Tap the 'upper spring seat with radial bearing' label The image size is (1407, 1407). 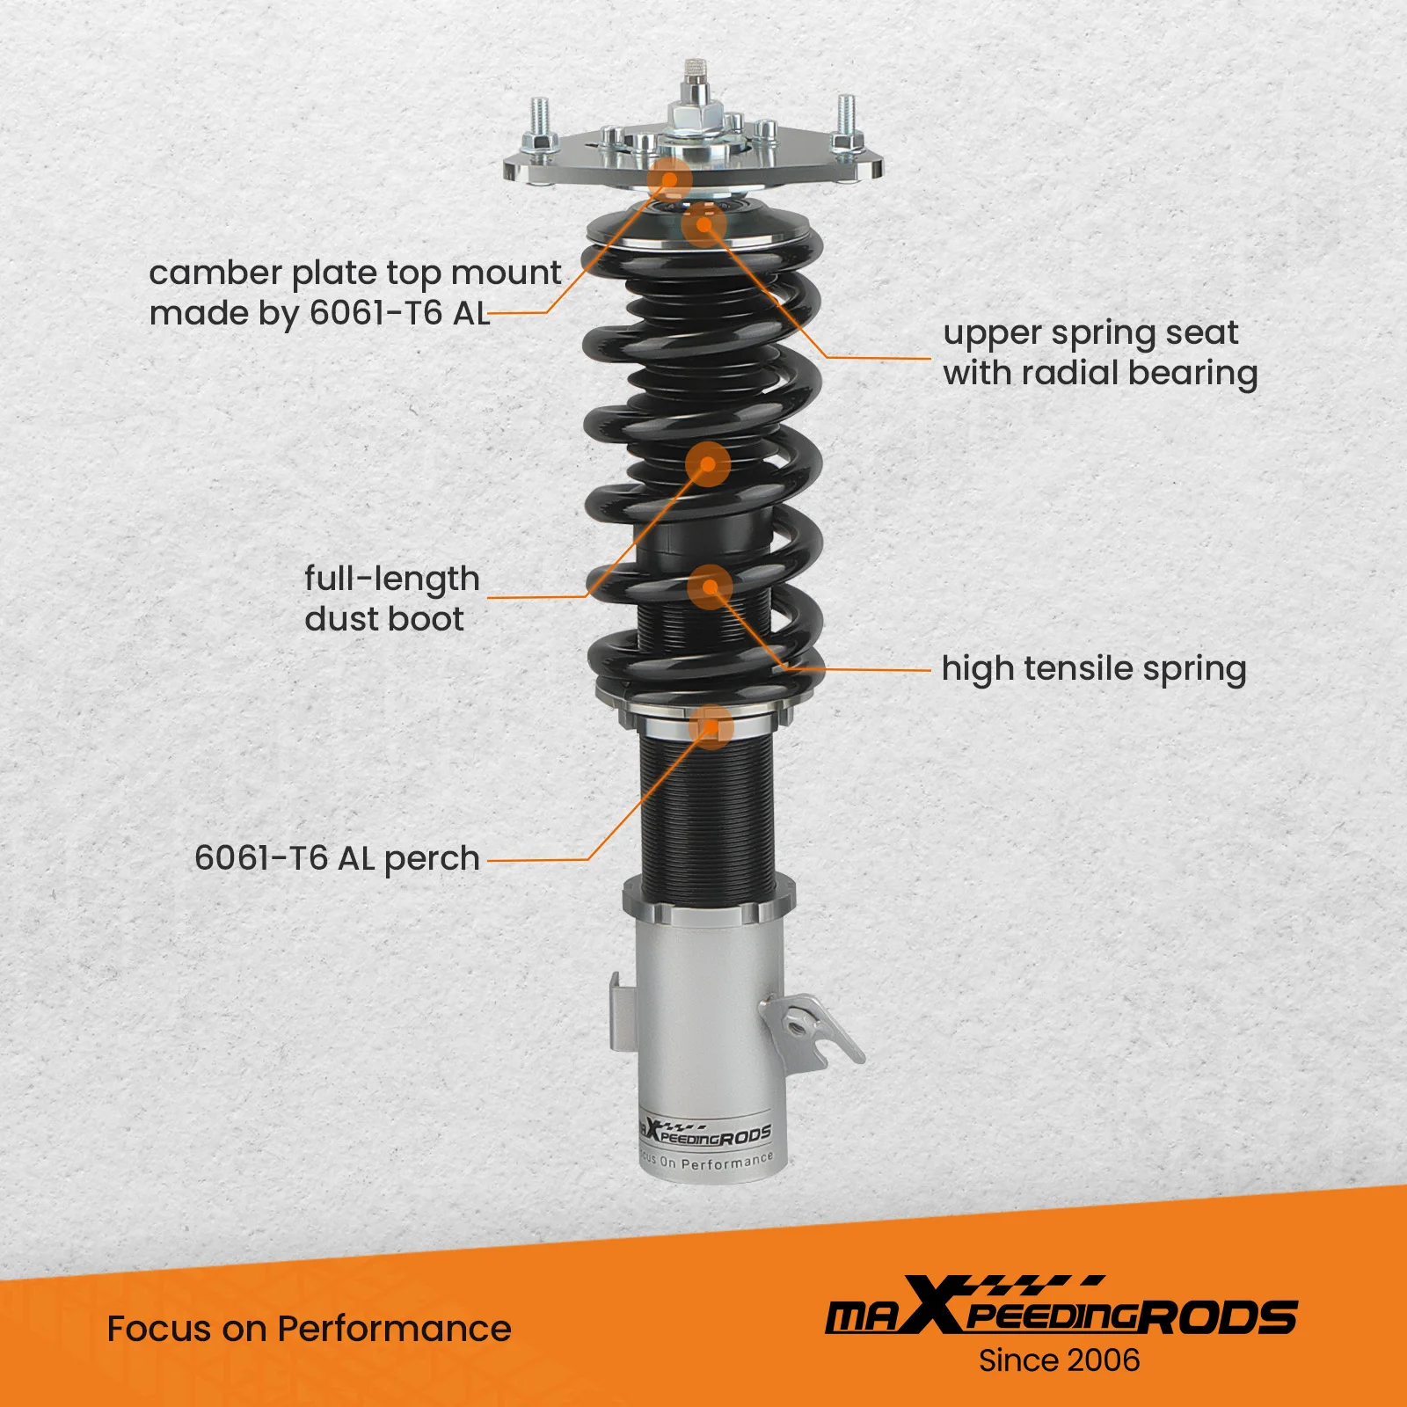[x=1100, y=353]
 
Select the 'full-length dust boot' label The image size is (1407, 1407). [x=392, y=599]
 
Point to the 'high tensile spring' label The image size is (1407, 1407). [x=1094, y=669]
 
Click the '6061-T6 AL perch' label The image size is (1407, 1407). [x=337, y=858]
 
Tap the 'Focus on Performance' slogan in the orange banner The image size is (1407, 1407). [x=309, y=1329]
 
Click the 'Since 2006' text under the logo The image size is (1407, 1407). [x=1059, y=1360]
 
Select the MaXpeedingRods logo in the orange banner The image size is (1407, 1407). [x=1061, y=1315]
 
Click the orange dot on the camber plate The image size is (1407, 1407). [x=671, y=180]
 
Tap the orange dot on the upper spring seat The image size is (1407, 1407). [x=703, y=223]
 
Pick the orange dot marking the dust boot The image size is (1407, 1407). [x=708, y=463]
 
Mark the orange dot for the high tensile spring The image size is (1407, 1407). [x=710, y=587]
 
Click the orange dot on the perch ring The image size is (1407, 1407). [x=711, y=727]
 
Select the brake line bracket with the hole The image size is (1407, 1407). [x=808, y=1030]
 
